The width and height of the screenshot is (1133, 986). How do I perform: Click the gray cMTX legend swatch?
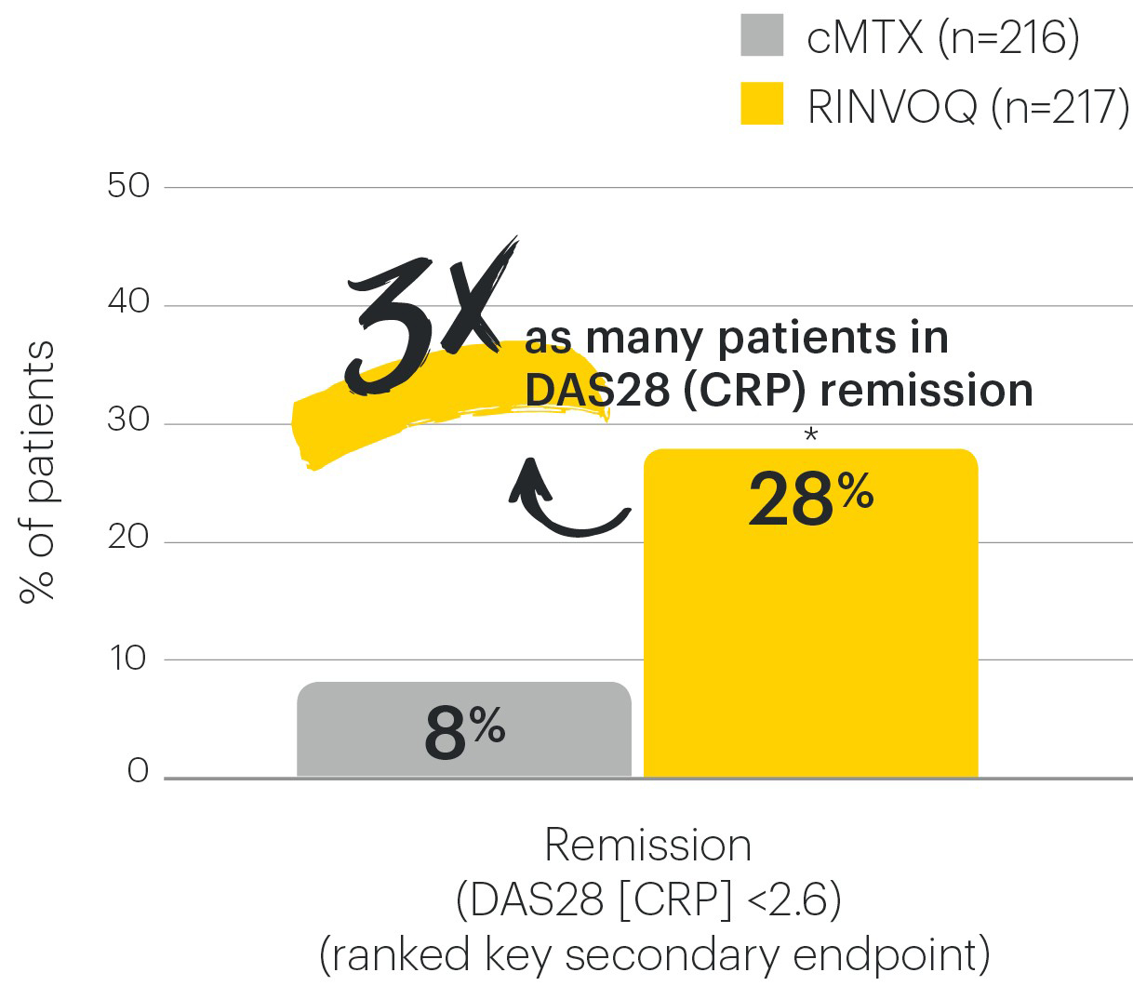tap(761, 34)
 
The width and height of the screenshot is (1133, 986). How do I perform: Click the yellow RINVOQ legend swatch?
tap(761, 103)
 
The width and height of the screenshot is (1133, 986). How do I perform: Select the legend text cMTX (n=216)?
tap(941, 37)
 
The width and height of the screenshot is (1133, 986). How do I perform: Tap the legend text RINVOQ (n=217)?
tap(967, 106)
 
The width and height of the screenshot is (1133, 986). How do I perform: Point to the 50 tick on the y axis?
tap(128, 186)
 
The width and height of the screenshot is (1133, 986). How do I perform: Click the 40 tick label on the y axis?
tap(128, 303)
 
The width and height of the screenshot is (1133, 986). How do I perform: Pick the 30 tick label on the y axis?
tap(128, 421)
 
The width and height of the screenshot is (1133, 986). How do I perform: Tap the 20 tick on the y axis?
tap(128, 539)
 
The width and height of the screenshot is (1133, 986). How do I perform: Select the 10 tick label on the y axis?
tap(128, 658)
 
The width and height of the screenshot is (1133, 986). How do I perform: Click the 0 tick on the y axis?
tap(138, 771)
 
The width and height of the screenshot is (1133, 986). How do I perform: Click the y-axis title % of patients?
tap(37, 472)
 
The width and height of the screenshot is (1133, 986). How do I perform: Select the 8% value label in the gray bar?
tap(463, 733)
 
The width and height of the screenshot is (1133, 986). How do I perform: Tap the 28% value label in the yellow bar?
tap(809, 498)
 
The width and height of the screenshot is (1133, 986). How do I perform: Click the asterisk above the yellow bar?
tap(810, 434)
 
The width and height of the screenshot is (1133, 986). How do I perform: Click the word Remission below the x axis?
tap(647, 846)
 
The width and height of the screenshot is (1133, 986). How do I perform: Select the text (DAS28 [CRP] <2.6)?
tap(648, 899)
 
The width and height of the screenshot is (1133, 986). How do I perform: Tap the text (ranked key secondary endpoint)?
tap(654, 954)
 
